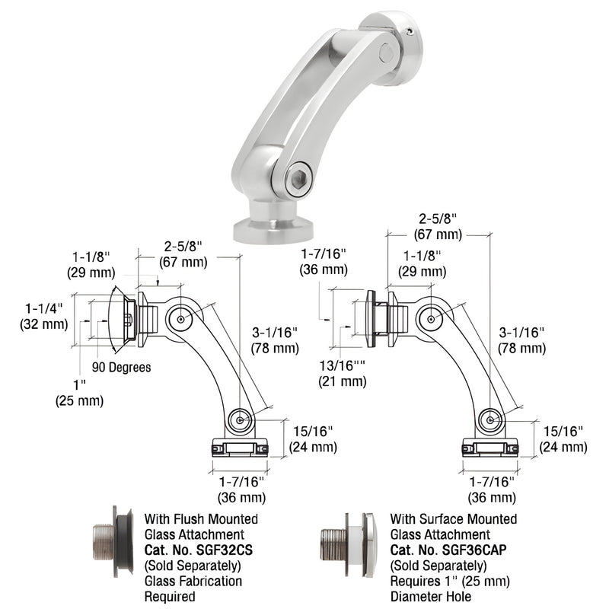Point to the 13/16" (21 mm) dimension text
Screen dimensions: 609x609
point(342,374)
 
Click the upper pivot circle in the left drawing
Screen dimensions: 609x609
point(180,318)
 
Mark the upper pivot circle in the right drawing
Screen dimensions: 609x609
point(430,318)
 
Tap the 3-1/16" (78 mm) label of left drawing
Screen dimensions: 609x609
point(275,340)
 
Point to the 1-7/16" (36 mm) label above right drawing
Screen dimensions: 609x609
point(323,261)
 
